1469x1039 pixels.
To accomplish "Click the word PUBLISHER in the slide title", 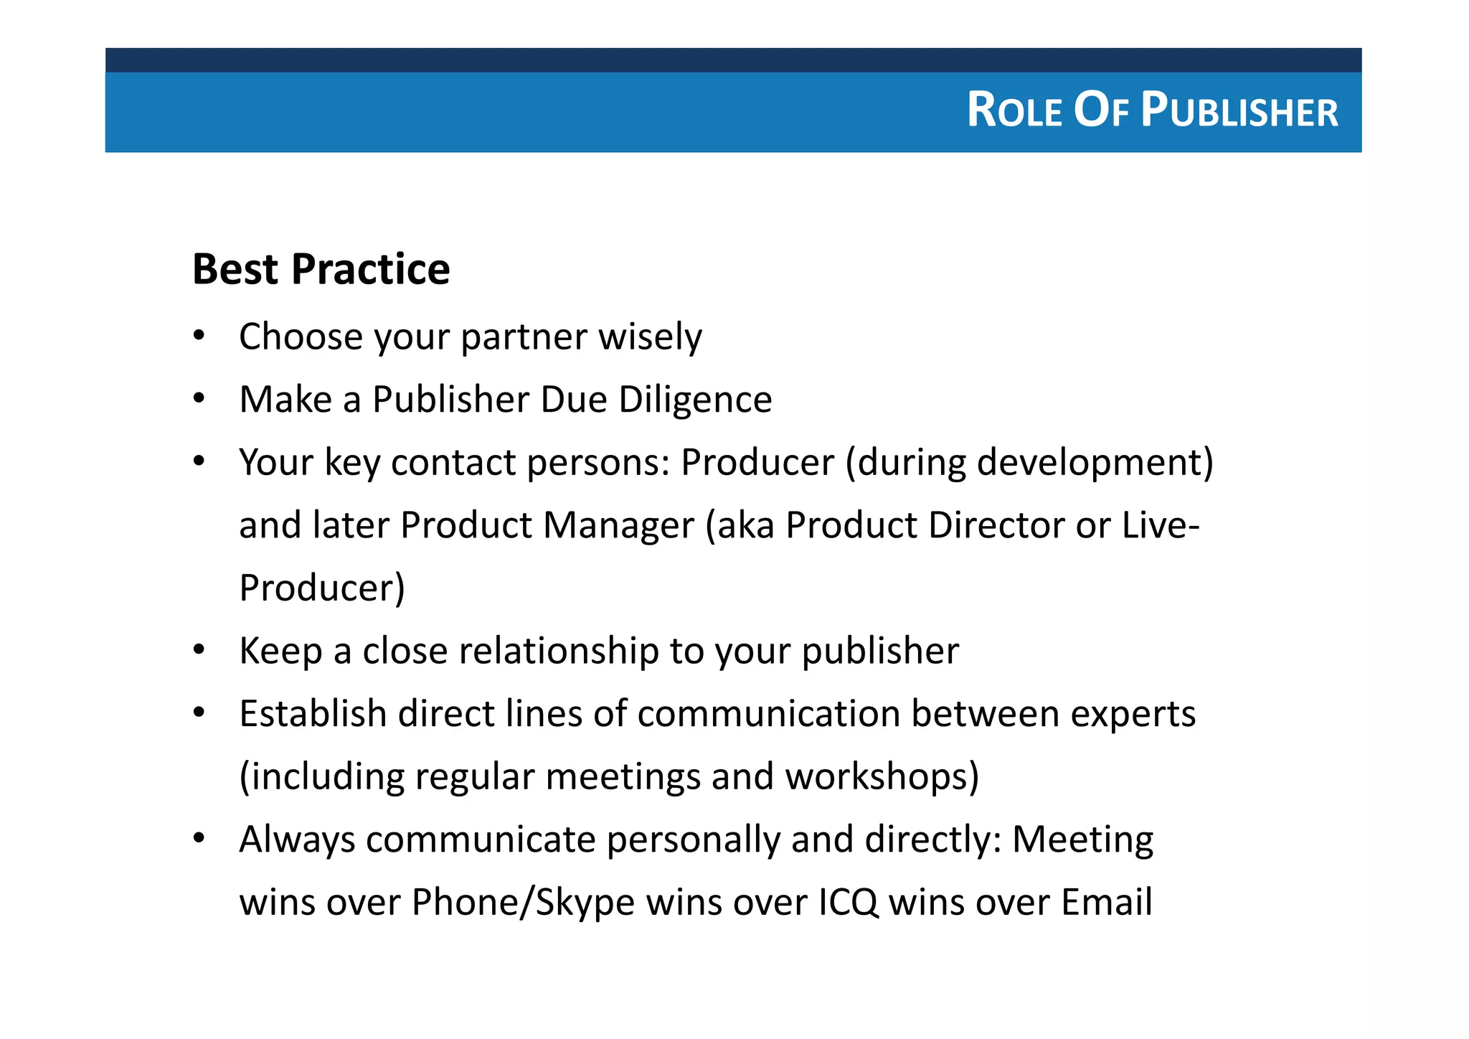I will (x=1239, y=111).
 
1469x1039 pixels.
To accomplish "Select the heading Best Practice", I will (x=321, y=269).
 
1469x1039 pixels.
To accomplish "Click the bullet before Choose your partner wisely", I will (x=199, y=335).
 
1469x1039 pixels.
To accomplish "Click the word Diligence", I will (x=695, y=400).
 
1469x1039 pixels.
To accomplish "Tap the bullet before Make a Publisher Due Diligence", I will (x=199, y=398).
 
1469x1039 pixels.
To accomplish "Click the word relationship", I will (x=559, y=651).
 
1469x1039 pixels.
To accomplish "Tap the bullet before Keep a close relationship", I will (x=199, y=649).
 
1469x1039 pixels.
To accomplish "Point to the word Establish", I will (x=313, y=714).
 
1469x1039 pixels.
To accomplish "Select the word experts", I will (x=1133, y=715).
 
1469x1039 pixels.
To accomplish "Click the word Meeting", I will (x=1082, y=840).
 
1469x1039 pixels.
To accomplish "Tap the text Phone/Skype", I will (x=523, y=903).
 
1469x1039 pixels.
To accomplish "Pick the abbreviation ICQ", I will (x=849, y=903).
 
